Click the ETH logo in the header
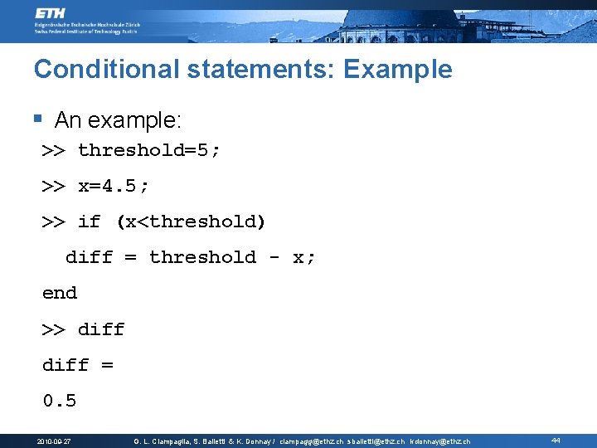[x=52, y=14]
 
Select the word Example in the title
[x=397, y=69]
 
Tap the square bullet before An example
[x=37, y=119]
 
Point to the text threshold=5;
[x=149, y=150]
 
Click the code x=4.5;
[x=114, y=186]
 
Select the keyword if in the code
[x=89, y=222]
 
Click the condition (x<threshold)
[x=191, y=222]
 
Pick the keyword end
[x=60, y=293]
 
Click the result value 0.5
[x=60, y=401]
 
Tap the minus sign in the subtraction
[x=274, y=257]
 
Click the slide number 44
[x=556, y=441]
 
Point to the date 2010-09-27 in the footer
[x=54, y=441]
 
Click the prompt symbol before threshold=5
[x=54, y=150]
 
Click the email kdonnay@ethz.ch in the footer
[x=439, y=441]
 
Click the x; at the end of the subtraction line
[x=304, y=257]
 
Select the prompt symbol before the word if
[x=54, y=222]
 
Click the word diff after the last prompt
[x=101, y=329]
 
